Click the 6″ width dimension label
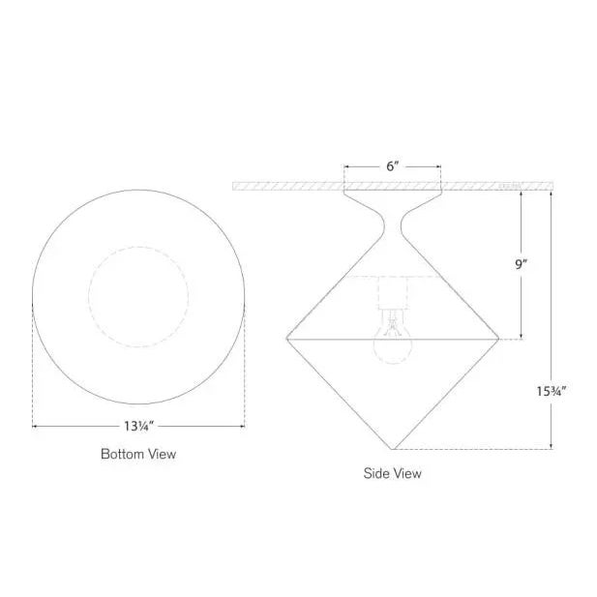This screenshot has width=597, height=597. [392, 166]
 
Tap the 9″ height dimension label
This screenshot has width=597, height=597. [522, 262]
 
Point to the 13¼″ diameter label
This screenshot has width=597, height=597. [138, 425]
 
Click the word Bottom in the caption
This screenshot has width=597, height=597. [121, 453]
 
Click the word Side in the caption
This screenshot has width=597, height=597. [374, 473]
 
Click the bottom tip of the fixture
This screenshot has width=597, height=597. [393, 449]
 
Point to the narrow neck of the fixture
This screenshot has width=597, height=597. [392, 228]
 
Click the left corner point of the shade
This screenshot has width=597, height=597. [286, 338]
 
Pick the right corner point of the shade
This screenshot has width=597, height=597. [499, 338]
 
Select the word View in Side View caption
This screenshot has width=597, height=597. [405, 473]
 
